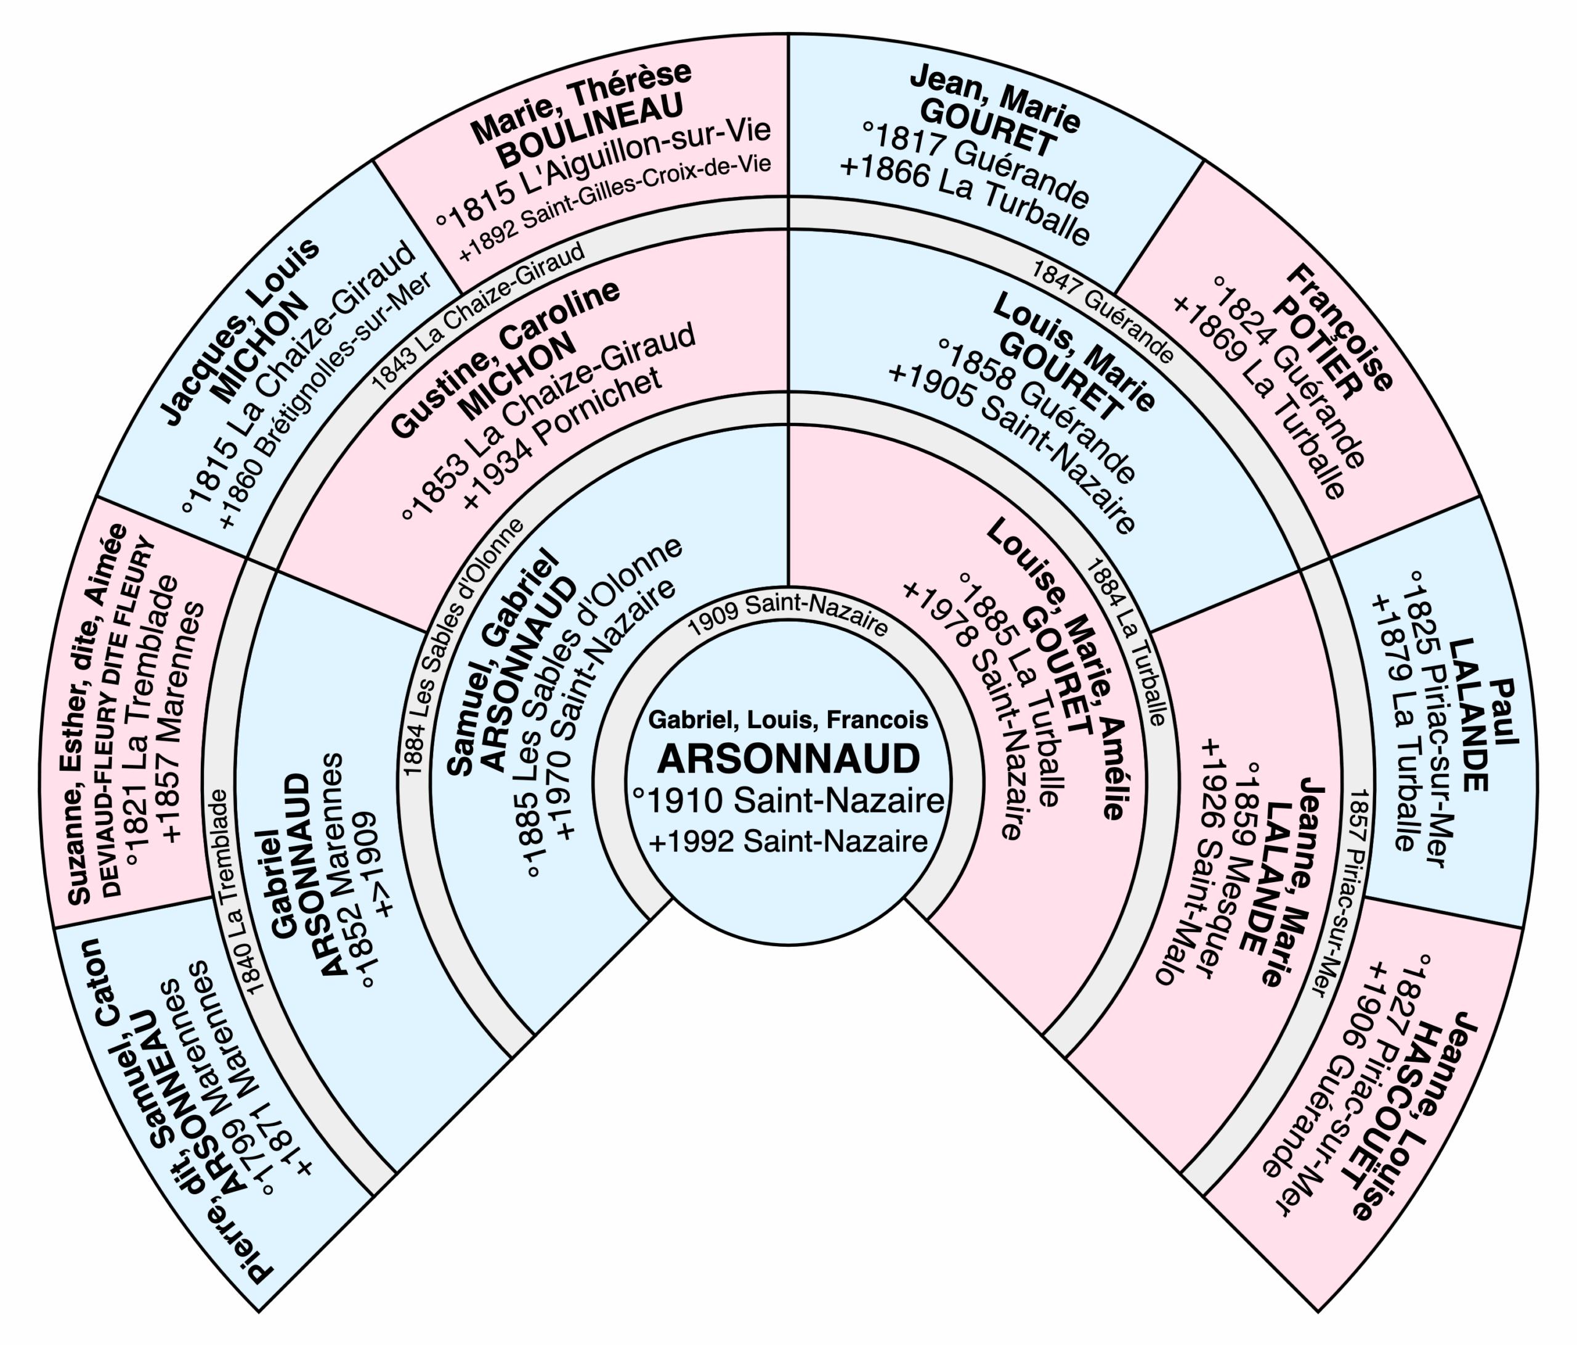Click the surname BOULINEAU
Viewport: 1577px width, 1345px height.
[590, 131]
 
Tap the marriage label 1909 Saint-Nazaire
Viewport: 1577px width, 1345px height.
[788, 614]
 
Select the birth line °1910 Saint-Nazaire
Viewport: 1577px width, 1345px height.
[788, 800]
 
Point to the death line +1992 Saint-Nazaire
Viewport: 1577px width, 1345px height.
[788, 841]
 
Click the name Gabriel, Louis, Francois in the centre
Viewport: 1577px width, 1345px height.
[788, 720]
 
